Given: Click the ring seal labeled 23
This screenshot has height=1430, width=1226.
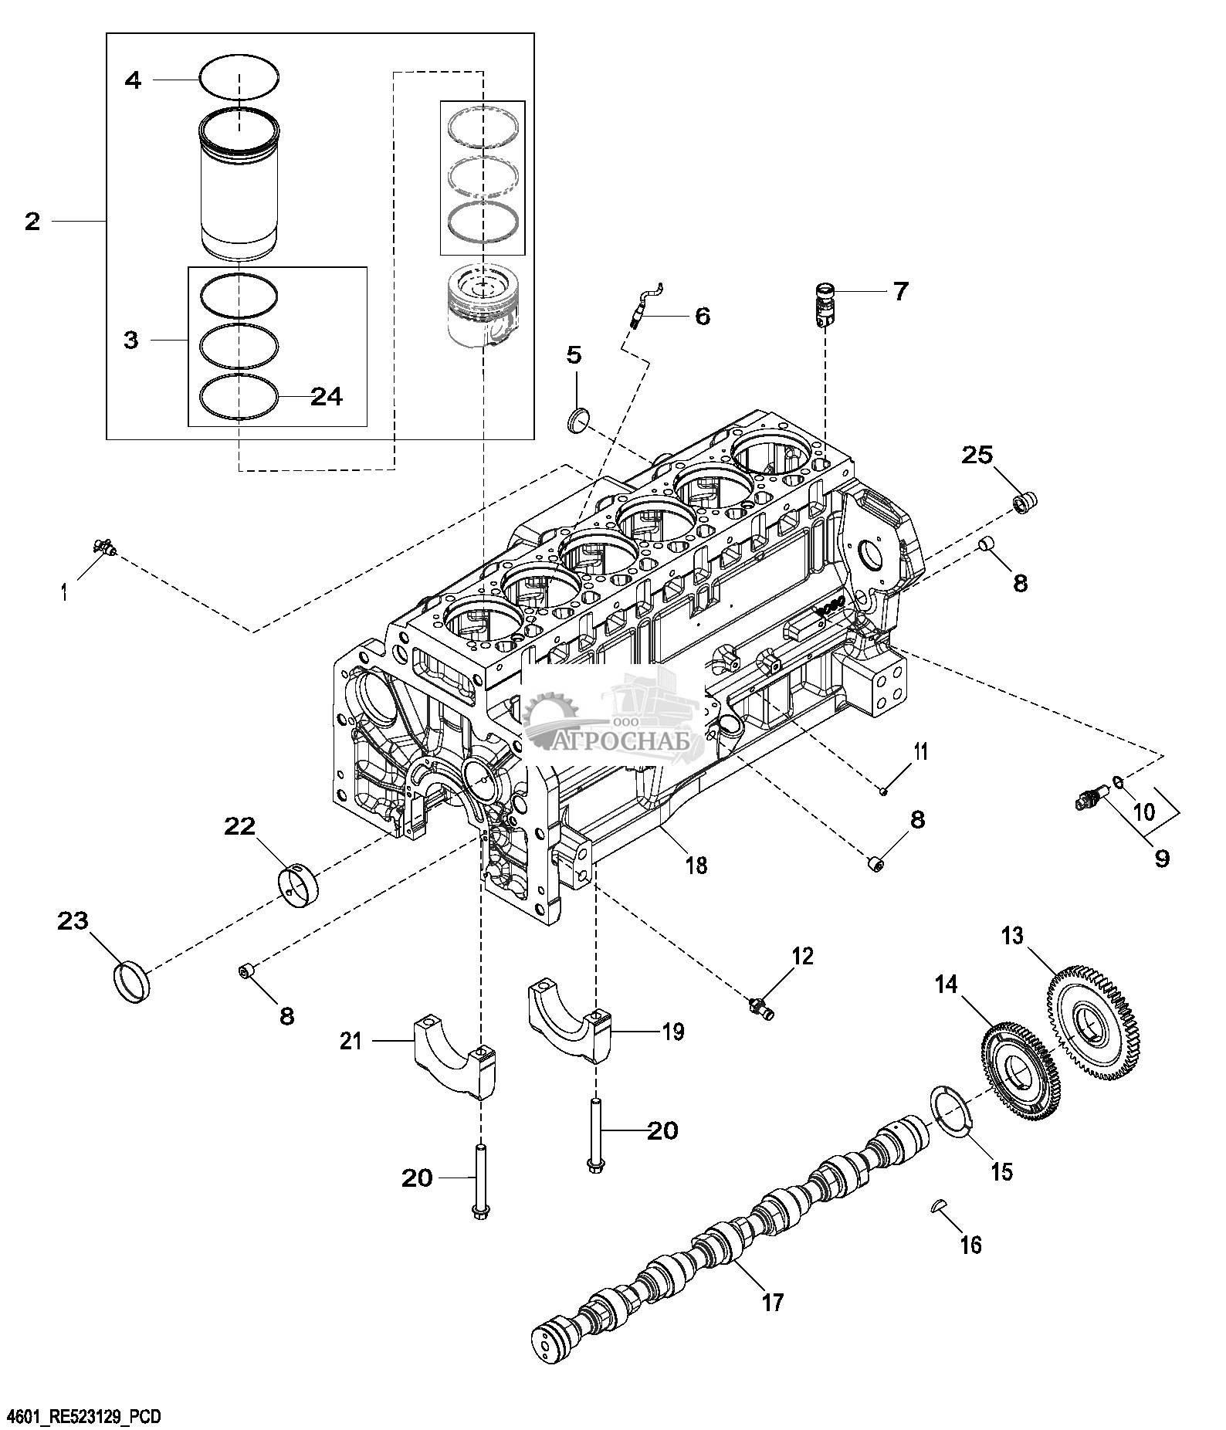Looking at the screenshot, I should (132, 982).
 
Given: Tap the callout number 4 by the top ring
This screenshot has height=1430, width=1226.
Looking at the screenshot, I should (134, 80).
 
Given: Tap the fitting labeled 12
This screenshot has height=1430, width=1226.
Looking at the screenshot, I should (761, 1007).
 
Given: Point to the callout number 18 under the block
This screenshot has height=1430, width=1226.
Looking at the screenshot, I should (696, 865).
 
